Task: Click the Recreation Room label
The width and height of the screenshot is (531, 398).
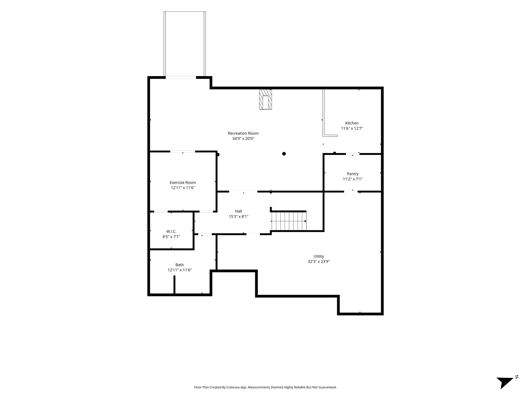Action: tap(243, 133)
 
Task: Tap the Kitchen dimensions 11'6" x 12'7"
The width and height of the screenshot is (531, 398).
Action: tap(352, 128)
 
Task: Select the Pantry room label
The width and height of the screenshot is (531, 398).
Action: tap(353, 174)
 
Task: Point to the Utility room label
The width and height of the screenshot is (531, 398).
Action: tap(319, 256)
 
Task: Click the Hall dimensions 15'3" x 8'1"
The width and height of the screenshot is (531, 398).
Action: tap(239, 216)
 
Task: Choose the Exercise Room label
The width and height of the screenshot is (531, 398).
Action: tap(183, 182)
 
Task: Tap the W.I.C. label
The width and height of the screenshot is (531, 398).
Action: tap(171, 231)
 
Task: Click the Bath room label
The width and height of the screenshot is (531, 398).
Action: tap(180, 265)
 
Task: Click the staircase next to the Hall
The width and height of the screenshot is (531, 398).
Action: tap(289, 221)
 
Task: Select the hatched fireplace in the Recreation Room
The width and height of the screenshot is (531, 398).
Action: tap(265, 99)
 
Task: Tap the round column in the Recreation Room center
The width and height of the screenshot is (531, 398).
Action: tap(284, 154)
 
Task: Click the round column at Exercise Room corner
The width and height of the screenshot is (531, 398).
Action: tap(218, 155)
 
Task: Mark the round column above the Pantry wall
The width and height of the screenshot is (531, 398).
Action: tap(334, 153)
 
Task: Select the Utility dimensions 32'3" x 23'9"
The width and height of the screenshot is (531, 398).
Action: tap(319, 261)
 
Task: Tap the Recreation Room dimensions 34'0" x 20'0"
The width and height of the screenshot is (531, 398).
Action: tap(243, 139)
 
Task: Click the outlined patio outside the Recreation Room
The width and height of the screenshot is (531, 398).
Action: tap(185, 44)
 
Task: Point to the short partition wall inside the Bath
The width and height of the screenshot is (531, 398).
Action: tap(174, 285)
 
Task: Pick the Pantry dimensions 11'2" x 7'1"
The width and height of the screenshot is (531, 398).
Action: tap(353, 179)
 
